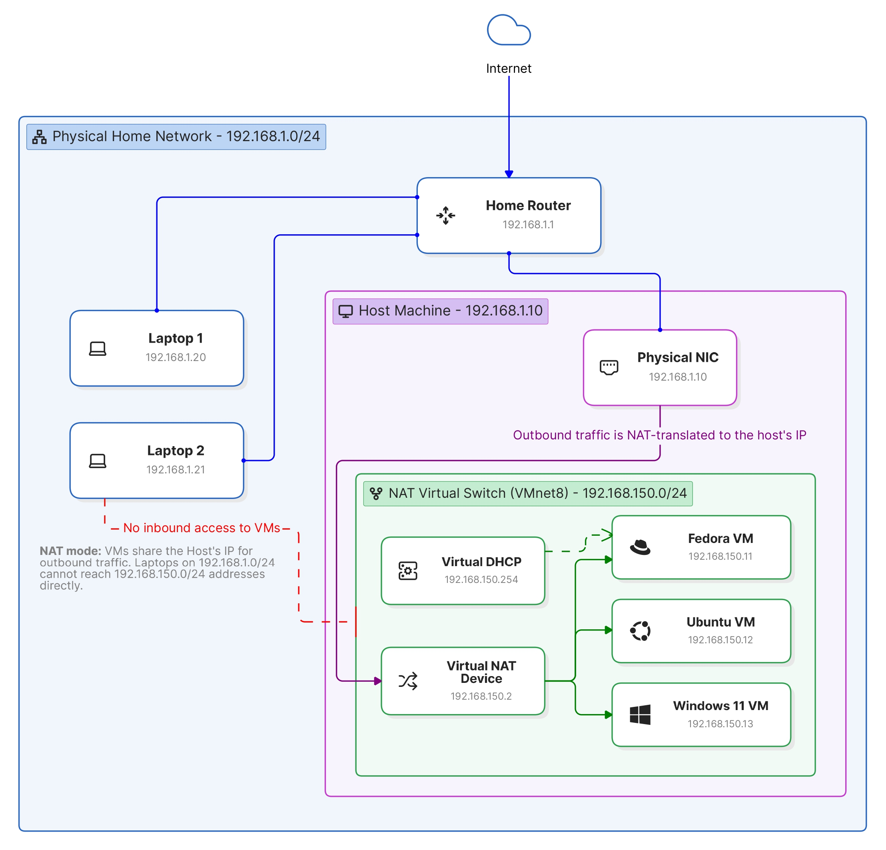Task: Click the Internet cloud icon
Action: click(509, 30)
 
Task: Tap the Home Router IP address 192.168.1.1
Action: click(528, 224)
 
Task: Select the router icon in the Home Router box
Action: click(446, 215)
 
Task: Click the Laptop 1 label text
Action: click(176, 338)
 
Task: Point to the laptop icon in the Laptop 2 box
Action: click(98, 461)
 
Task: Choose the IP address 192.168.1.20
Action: click(176, 357)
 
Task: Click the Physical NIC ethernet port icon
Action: click(609, 367)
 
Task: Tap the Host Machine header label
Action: click(440, 311)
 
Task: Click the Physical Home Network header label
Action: click(176, 137)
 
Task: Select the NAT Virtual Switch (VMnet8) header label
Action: click(528, 493)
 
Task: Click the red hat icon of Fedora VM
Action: click(640, 547)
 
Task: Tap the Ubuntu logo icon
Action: click(640, 631)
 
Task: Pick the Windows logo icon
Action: click(640, 714)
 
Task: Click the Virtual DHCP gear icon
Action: click(408, 571)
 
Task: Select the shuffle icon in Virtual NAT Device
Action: click(408, 680)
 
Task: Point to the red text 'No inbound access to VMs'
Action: click(202, 528)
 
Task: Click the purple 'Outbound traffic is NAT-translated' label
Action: click(660, 435)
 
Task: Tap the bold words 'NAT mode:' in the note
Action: click(70, 551)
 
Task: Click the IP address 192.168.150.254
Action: click(481, 579)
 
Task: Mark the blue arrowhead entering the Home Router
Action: click(509, 174)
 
